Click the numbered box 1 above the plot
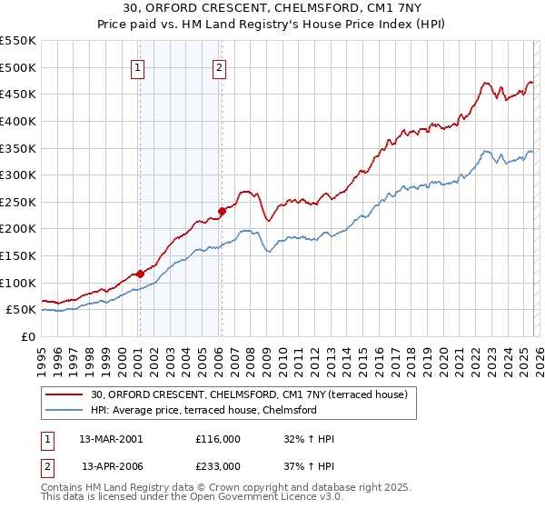click(x=138, y=66)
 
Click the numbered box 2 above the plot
click(x=220, y=66)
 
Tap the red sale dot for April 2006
click(x=222, y=211)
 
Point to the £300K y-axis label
click(x=18, y=175)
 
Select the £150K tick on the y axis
click(x=18, y=255)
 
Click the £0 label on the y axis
click(x=27, y=336)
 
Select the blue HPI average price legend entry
click(x=203, y=410)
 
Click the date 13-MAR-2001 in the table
click(x=112, y=439)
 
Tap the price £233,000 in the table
click(x=217, y=465)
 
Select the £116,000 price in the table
click(x=217, y=439)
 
